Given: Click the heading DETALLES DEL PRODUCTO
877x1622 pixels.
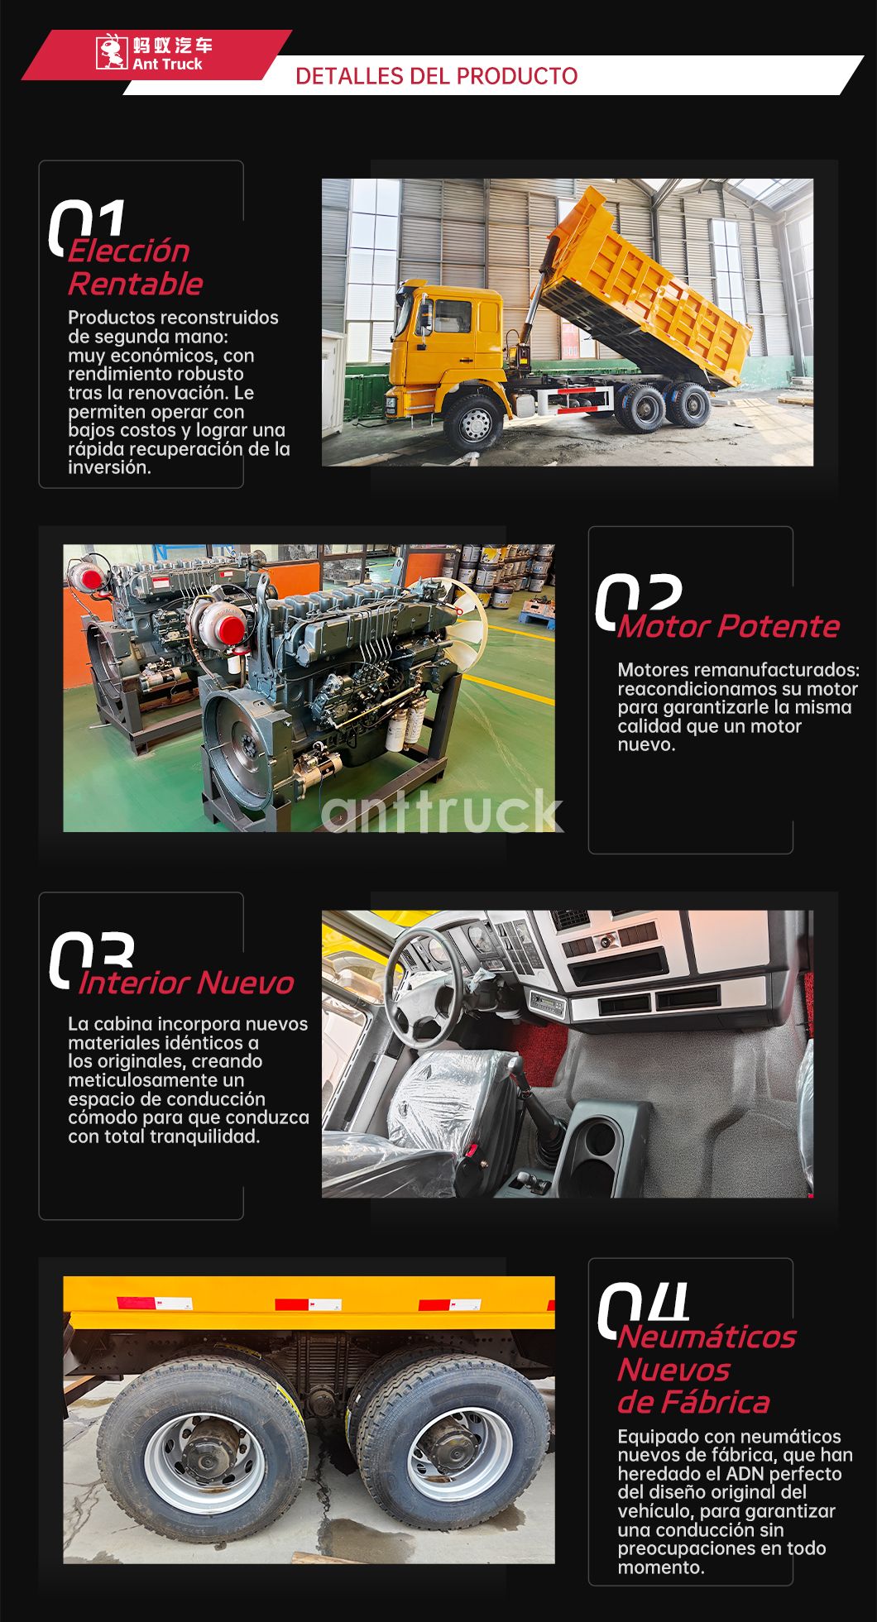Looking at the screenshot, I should (436, 76).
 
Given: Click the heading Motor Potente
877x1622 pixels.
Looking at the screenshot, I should (728, 626).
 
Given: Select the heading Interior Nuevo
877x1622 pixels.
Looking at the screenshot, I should (186, 983).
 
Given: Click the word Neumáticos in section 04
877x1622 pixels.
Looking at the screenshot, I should (706, 1336).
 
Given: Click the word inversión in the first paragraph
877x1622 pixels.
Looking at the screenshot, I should (108, 467).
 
